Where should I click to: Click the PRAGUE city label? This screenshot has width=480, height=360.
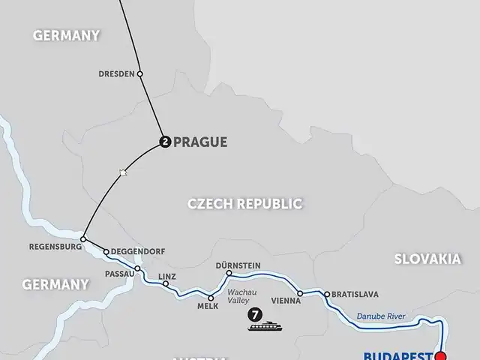pyautogui.click(x=199, y=142)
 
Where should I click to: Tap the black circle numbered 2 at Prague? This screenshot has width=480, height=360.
pyautogui.click(x=165, y=141)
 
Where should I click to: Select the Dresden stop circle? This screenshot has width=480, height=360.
pyautogui.click(x=140, y=73)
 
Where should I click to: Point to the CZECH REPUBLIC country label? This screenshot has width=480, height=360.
pyautogui.click(x=244, y=203)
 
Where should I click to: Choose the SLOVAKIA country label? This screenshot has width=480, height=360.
pyautogui.click(x=427, y=259)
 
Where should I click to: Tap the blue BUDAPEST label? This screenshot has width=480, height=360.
pyautogui.click(x=397, y=353)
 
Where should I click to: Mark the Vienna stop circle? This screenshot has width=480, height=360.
pyautogui.click(x=300, y=293)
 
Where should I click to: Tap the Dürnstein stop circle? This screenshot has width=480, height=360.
pyautogui.click(x=229, y=273)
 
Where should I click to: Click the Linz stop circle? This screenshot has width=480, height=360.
pyautogui.click(x=166, y=284)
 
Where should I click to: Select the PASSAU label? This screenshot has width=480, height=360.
pyautogui.click(x=119, y=274)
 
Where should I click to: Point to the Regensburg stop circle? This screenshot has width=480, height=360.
pyautogui.click(x=84, y=239)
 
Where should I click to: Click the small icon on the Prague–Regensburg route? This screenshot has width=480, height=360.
pyautogui.click(x=123, y=173)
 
